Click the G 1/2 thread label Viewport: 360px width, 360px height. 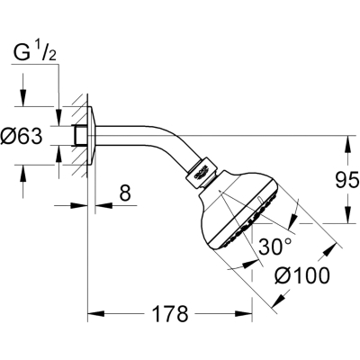click(35, 53)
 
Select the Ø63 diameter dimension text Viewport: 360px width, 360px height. click(22, 136)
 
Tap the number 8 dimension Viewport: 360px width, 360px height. click(125, 193)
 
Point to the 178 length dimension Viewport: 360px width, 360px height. click(170, 314)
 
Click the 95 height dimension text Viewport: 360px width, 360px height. click(346, 180)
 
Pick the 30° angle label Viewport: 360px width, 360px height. click(274, 247)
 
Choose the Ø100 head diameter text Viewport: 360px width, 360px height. click(302, 275)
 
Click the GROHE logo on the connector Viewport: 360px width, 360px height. click(202, 174)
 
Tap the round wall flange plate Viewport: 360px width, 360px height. click(92, 136)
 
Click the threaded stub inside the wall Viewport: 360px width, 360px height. click(79, 136)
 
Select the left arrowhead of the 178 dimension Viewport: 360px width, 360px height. click(96, 314)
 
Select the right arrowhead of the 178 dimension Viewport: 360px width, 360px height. click(243, 314)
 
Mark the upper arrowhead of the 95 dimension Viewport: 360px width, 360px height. click(348, 145)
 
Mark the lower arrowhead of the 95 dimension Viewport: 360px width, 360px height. click(348, 214)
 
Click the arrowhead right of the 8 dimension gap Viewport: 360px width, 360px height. click(103, 205)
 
